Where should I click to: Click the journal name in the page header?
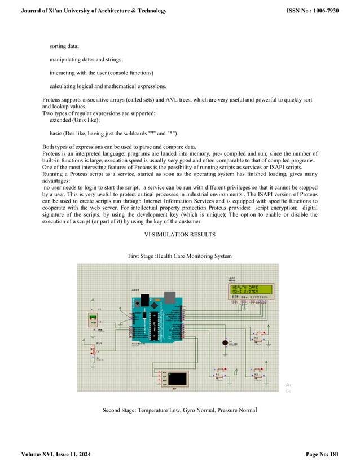(x=94, y=11)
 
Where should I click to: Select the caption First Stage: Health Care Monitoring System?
(x=179, y=256)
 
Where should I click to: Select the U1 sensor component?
(x=93, y=320)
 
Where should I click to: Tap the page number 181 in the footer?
(x=345, y=454)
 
